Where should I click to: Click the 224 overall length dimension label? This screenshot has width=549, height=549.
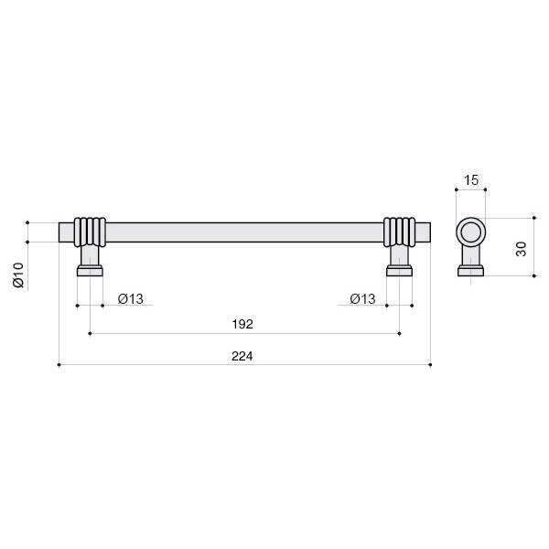point(242,356)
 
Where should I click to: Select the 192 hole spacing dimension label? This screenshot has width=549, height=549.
point(242,324)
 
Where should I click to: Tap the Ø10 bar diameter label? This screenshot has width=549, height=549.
point(18,275)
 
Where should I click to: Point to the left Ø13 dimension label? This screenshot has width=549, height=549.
point(131,299)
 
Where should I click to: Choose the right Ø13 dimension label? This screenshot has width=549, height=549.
point(362,299)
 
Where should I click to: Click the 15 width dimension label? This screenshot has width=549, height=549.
point(471,180)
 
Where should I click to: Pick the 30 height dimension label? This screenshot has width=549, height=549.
point(521,249)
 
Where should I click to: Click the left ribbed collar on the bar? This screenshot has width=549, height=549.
point(90,232)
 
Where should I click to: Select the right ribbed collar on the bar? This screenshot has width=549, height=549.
point(400,232)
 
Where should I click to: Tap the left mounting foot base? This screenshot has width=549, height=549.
point(90,271)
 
